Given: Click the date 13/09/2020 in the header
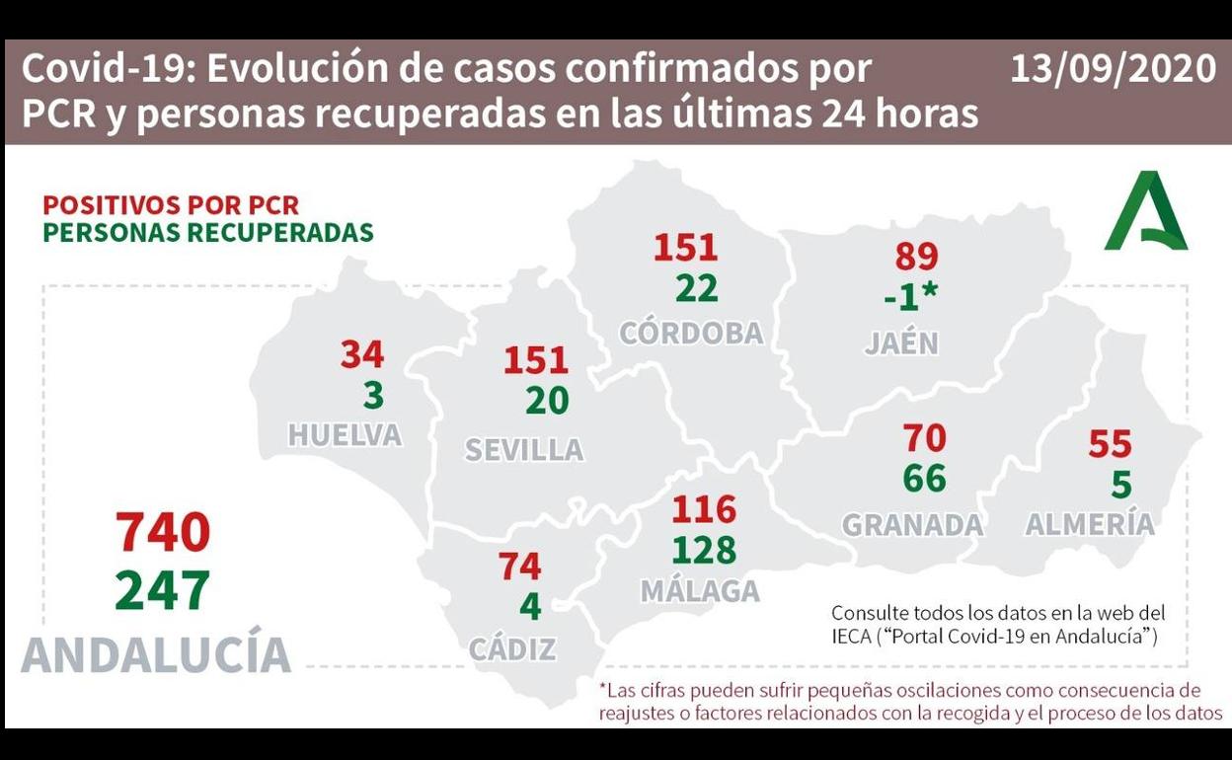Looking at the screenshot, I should pyautogui.click(x=1113, y=69).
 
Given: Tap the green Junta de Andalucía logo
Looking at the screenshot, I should pyautogui.click(x=1145, y=212).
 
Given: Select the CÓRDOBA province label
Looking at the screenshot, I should pyautogui.click(x=691, y=334).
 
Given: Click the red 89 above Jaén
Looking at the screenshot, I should pyautogui.click(x=916, y=257).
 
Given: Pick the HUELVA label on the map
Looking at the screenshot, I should pyautogui.click(x=345, y=435).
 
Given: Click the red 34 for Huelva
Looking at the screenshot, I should pyautogui.click(x=362, y=354).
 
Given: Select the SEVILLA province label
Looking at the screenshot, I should pyautogui.click(x=524, y=450).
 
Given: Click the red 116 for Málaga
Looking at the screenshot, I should pyautogui.click(x=704, y=509).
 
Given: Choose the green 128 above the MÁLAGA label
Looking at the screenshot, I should pyautogui.click(x=704, y=550).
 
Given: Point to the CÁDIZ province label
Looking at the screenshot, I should pyautogui.click(x=512, y=649).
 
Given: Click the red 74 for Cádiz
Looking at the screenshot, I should pyautogui.click(x=519, y=567).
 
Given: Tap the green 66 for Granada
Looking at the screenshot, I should pyautogui.click(x=924, y=479).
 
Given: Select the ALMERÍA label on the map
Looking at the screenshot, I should pyautogui.click(x=1090, y=524).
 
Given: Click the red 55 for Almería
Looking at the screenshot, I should pyautogui.click(x=1110, y=445).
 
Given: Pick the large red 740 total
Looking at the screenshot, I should pyautogui.click(x=163, y=533).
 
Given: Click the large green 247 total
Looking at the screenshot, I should pyautogui.click(x=163, y=591).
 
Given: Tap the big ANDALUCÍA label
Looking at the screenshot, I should pyautogui.click(x=156, y=654).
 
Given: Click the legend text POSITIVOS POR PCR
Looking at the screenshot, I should pyautogui.click(x=171, y=205).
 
